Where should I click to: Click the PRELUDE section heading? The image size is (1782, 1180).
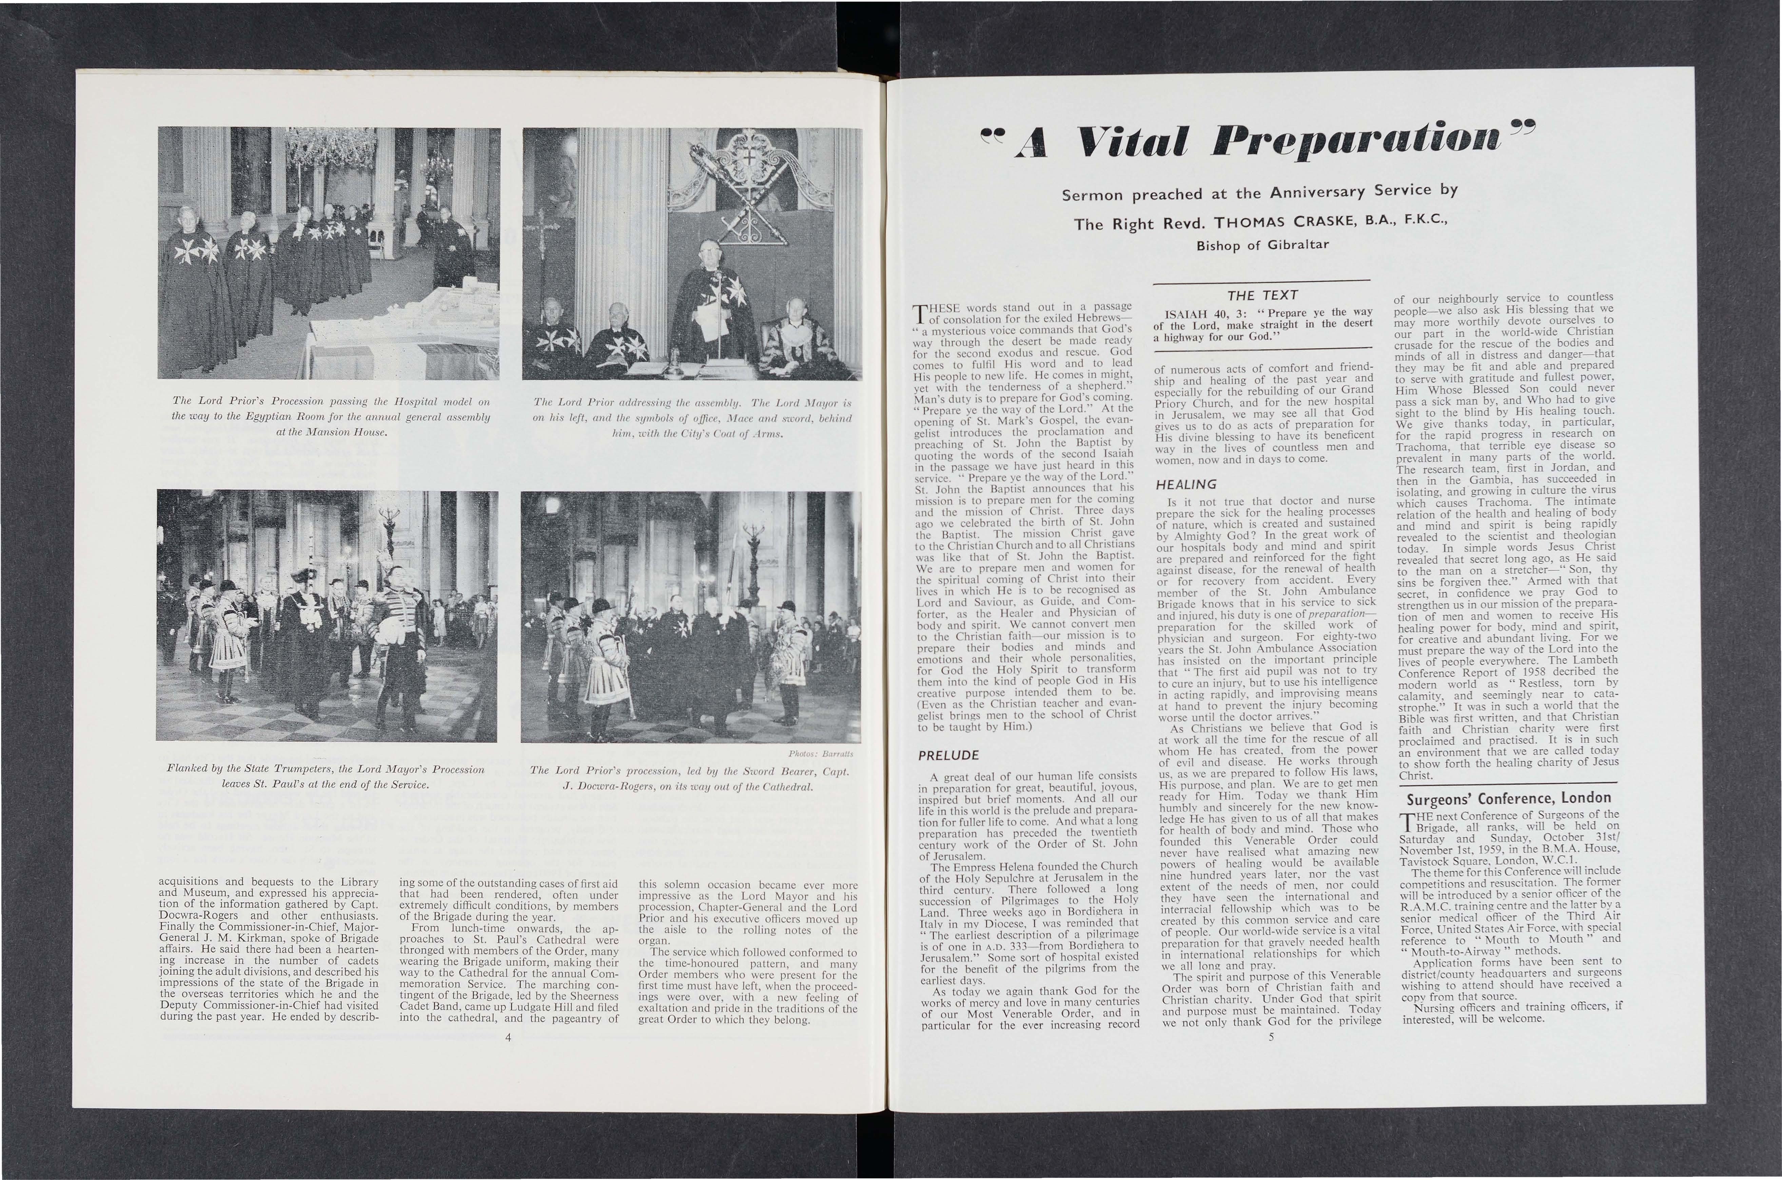[x=948, y=755]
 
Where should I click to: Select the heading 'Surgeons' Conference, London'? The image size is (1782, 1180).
[x=1505, y=798]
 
